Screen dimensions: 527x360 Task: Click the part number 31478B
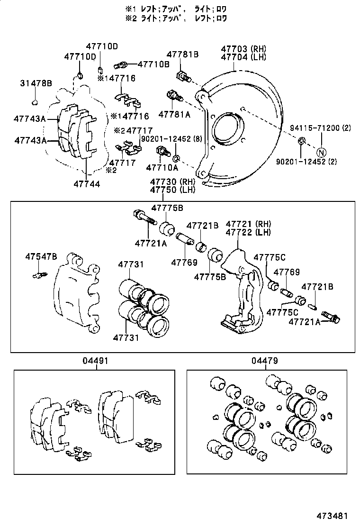tap(36, 83)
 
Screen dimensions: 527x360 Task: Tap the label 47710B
tap(153, 64)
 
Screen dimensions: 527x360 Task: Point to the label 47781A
tap(174, 115)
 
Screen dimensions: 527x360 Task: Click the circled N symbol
tap(321, 152)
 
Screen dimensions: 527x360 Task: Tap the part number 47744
tap(87, 183)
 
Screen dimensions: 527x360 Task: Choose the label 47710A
tap(162, 167)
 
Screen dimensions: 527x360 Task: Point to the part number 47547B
tap(41, 256)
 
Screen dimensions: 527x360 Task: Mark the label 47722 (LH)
tap(248, 233)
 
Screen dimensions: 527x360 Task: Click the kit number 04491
tap(97, 361)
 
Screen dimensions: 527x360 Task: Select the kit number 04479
tap(265, 361)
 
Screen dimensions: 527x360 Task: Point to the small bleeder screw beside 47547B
tap(38, 274)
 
